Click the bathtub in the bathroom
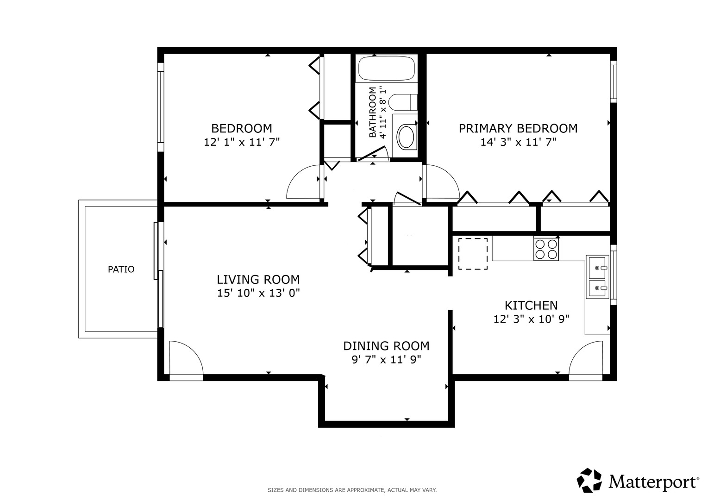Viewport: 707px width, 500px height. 386,69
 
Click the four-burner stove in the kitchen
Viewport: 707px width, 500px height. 546,249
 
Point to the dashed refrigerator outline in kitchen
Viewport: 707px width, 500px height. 473,254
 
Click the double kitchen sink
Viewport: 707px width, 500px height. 597,277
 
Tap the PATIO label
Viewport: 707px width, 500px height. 121,269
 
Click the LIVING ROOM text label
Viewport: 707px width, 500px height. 258,279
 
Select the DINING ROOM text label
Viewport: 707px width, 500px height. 386,346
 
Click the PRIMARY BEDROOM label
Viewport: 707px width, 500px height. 518,129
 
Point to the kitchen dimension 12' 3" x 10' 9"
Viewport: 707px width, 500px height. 531,319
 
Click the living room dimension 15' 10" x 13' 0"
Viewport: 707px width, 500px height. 258,293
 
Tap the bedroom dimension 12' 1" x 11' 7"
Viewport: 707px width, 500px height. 242,143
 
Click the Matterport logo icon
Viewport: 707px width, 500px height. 589,481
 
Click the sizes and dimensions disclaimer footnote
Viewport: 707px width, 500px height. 352,490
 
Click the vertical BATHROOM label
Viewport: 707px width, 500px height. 372,112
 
